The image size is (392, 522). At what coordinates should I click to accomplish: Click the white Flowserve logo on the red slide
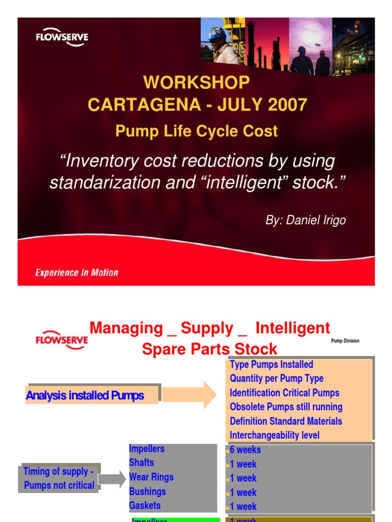pos(62,38)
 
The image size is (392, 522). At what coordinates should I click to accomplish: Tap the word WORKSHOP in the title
pos(197,82)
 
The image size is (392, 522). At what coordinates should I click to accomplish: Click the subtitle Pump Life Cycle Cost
pos(197,131)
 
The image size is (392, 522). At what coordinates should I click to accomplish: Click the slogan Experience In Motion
pos(77,273)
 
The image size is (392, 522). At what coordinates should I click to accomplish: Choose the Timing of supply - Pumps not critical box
pos(59,478)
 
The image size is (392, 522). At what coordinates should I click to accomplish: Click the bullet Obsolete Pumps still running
pos(286,407)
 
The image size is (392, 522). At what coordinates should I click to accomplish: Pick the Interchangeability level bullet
pos(275,435)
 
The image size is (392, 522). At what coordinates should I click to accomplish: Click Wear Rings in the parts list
pos(151,477)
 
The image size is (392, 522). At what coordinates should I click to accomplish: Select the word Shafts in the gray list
pos(141,463)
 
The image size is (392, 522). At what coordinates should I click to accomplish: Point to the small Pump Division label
pos(345,341)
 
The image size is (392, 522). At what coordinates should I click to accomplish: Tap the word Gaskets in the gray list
pos(145,506)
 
